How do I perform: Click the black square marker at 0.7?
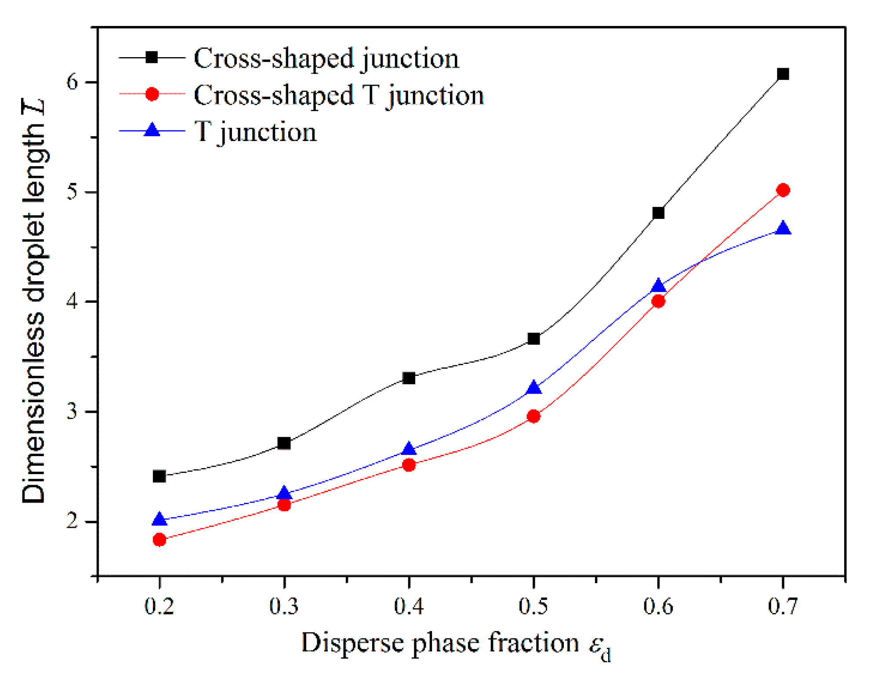click(x=783, y=74)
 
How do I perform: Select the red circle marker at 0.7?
click(x=783, y=190)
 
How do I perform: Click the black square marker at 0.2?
click(x=160, y=476)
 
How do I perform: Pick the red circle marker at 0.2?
click(x=160, y=540)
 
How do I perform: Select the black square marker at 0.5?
click(x=533, y=339)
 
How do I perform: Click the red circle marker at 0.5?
click(x=533, y=416)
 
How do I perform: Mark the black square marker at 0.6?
click(x=658, y=213)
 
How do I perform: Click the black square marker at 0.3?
click(x=284, y=443)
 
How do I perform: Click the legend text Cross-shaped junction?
click(x=326, y=58)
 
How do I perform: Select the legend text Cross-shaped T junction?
click(x=339, y=95)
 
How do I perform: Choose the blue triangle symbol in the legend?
click(x=152, y=131)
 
